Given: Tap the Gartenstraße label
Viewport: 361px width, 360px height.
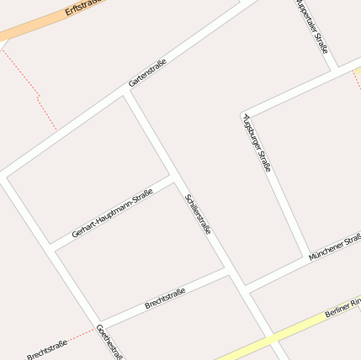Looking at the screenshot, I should coord(148,73).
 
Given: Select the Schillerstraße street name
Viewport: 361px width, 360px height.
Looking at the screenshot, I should coord(197,214).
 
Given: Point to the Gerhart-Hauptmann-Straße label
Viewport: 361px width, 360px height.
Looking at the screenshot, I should coord(112,214).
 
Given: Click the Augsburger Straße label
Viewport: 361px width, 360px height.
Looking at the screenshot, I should coord(257,142).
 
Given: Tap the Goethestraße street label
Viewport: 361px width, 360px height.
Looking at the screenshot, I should coord(110,342).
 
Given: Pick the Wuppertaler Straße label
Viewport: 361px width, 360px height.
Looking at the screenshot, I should coord(312,26).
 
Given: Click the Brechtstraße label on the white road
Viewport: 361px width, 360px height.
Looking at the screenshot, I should coord(165,297).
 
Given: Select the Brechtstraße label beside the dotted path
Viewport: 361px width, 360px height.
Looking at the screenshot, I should coord(46,348).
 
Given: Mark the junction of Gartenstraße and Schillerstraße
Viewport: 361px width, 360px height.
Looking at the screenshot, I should coord(127,93).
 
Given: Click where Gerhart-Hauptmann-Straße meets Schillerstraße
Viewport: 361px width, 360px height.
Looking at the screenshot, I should coord(175,180).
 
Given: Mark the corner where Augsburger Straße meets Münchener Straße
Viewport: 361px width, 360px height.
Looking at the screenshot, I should coord(304,255).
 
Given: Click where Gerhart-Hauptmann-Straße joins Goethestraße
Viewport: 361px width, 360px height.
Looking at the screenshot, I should coord(52,246).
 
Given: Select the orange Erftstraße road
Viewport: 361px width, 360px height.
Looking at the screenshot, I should coord(34,29).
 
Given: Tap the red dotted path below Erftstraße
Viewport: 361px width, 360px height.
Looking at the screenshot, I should coord(37,97).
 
